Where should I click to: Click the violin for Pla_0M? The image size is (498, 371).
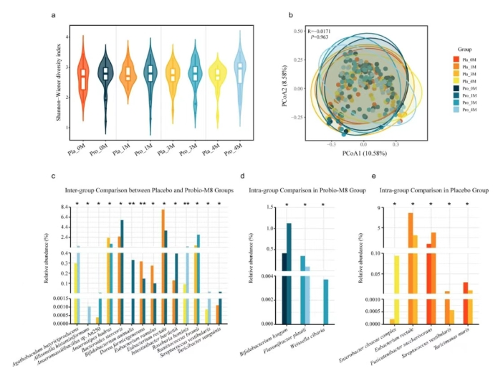click(x=84, y=80)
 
